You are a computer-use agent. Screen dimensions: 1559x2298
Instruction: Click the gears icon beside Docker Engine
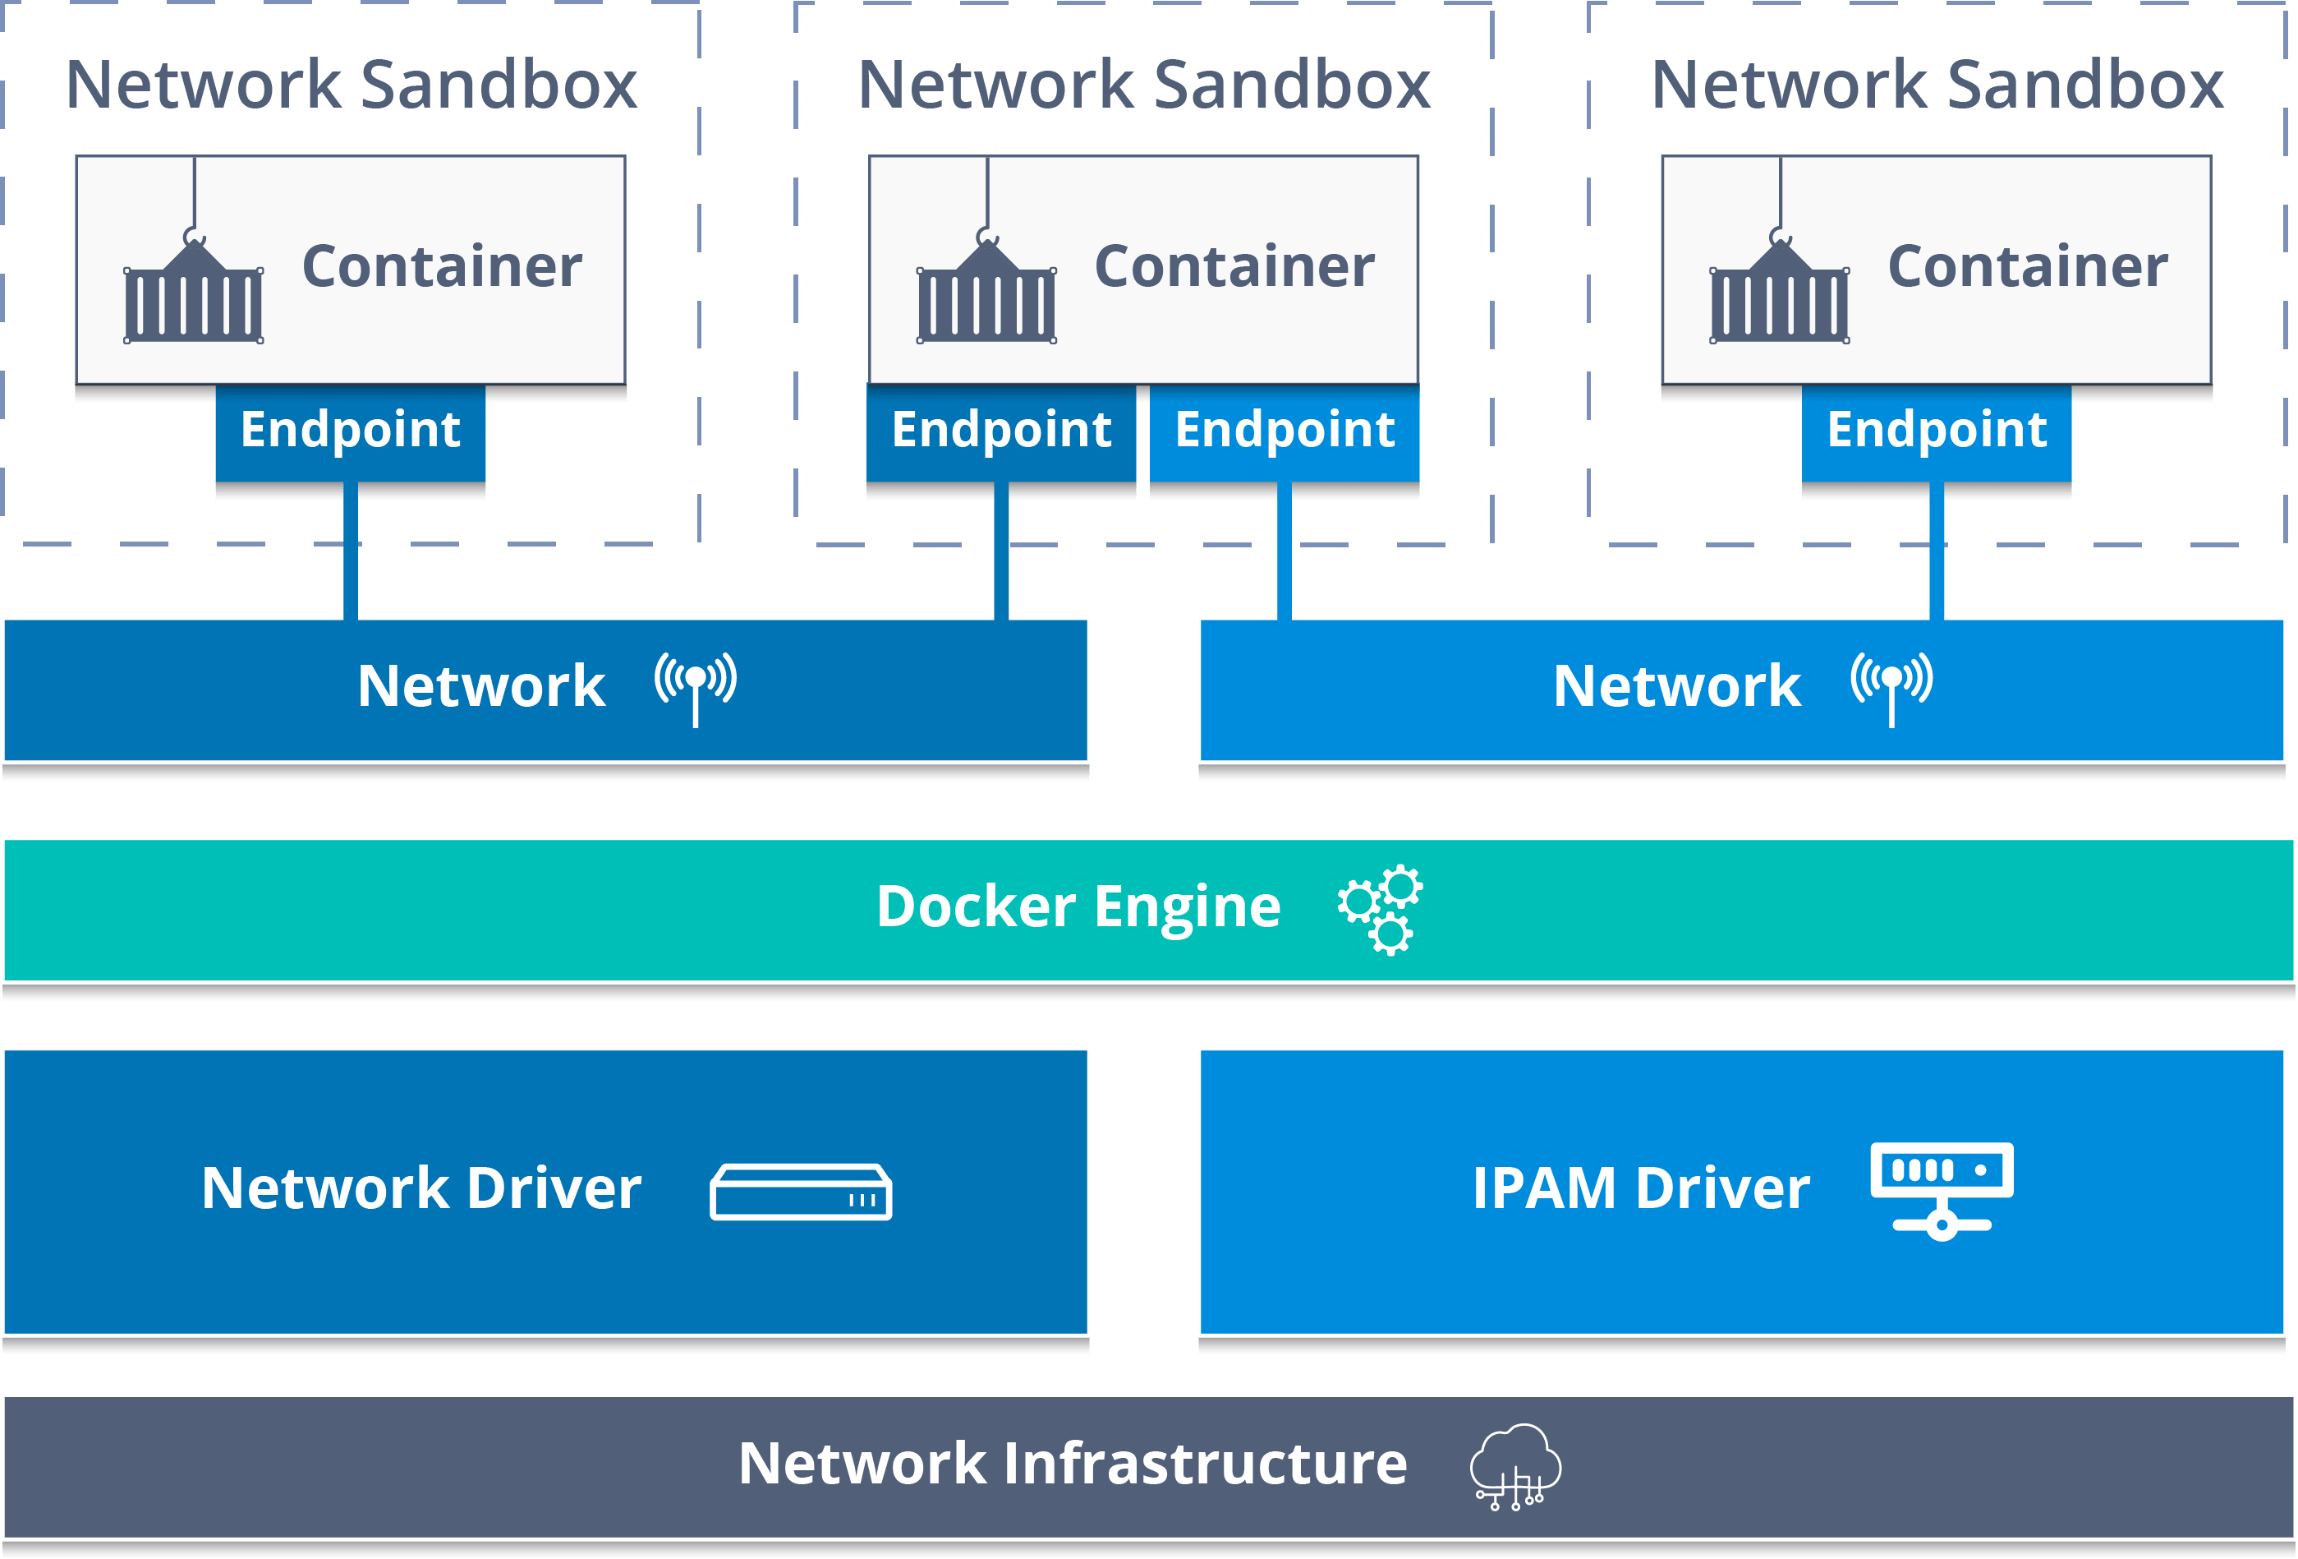[x=1381, y=909]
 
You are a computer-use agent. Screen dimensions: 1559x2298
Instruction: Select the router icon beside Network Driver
[x=801, y=1191]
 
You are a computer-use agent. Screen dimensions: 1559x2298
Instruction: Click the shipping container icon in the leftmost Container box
[x=194, y=293]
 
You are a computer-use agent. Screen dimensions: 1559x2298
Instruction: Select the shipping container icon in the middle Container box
[x=987, y=293]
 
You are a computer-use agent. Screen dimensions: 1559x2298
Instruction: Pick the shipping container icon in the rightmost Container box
[x=1780, y=293]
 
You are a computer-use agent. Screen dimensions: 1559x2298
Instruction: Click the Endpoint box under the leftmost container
[x=350, y=431]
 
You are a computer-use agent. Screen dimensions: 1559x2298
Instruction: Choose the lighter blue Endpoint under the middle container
[x=1285, y=431]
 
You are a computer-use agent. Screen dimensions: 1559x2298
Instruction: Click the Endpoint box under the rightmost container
[x=1936, y=431]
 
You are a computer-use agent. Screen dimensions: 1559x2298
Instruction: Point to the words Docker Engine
[x=1078, y=907]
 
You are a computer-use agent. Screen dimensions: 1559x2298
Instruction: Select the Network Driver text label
[x=421, y=1188]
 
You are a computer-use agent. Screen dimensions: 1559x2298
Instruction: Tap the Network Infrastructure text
[x=1073, y=1464]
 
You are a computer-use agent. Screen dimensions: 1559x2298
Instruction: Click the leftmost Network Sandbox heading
[x=351, y=85]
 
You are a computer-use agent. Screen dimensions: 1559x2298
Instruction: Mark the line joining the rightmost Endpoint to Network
[x=1936, y=554]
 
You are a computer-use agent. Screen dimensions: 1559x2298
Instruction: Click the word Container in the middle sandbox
[x=1234, y=267]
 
